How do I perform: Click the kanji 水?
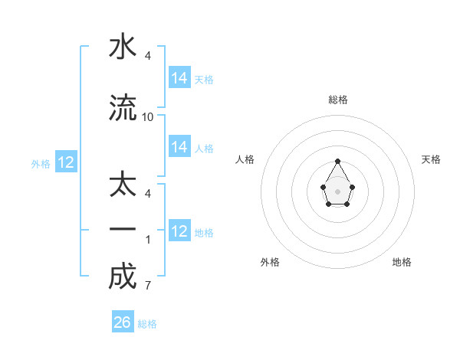[x=123, y=47]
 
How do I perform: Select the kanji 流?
[x=123, y=109]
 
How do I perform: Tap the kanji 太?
[x=123, y=186]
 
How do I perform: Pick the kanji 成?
[x=123, y=277]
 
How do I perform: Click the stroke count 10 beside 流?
[x=148, y=117]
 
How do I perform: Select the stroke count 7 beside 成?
[x=147, y=286]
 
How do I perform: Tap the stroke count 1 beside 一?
[x=147, y=239]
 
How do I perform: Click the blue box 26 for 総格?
[x=123, y=322]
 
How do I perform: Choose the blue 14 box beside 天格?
[x=179, y=78]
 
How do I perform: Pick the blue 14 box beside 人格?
[x=179, y=147]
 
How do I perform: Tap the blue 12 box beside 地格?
[x=179, y=231]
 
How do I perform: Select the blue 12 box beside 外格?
[x=66, y=162]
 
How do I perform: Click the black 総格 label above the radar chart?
[x=338, y=100]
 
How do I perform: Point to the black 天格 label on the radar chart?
[x=431, y=159]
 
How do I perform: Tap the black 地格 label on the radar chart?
[x=402, y=262]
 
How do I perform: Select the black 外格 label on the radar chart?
[x=270, y=262]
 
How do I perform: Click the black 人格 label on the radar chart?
[x=245, y=159]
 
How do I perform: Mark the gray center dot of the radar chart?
[x=338, y=191]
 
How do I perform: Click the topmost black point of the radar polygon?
[x=338, y=161]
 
